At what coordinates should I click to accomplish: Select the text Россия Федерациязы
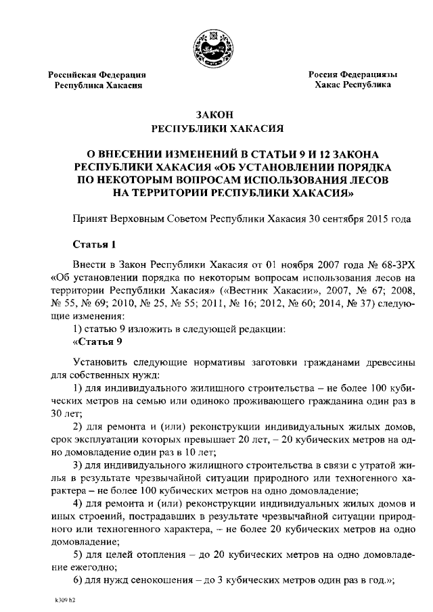coord(352,74)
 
